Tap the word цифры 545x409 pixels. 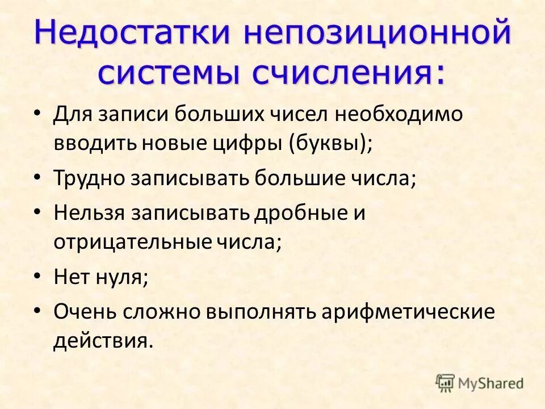[255, 142]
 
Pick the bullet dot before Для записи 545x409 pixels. [37, 113]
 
